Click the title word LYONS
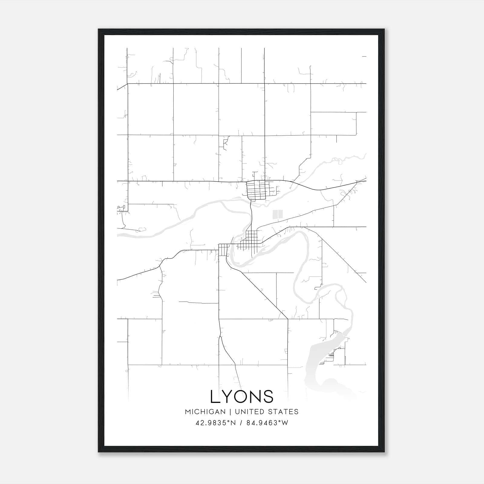coord(242,397)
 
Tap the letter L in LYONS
coord(214,397)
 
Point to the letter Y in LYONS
coord(227,397)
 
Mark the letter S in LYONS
coord(269,397)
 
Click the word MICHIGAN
coord(205,412)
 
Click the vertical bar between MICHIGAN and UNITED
coord(230,412)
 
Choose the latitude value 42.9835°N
coord(215,423)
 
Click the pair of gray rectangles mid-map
coord(277,214)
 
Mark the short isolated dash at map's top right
coord(364,56)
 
